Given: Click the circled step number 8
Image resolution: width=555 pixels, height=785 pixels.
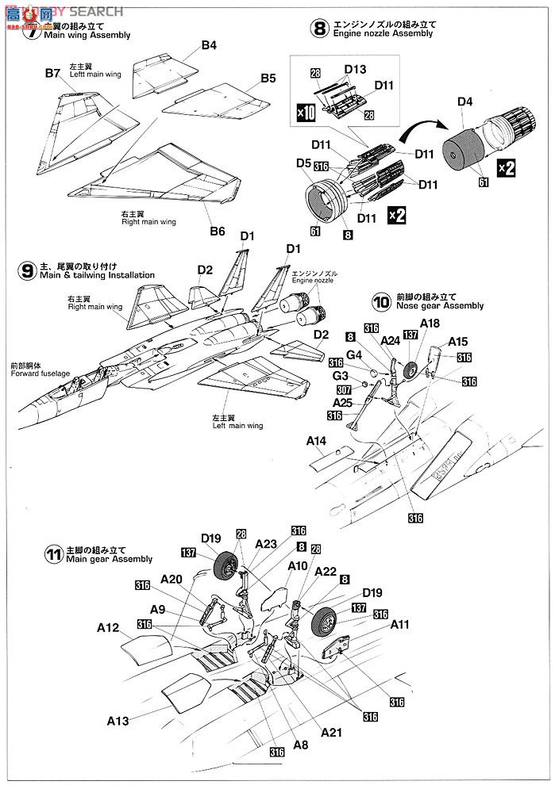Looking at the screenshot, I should pyautogui.click(x=319, y=29).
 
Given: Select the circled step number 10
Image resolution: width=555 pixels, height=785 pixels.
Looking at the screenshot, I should pyautogui.click(x=381, y=301).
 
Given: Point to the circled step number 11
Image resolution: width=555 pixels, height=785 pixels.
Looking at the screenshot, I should pyautogui.click(x=54, y=554).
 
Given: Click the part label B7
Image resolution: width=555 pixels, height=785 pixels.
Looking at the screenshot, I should pyautogui.click(x=52, y=73).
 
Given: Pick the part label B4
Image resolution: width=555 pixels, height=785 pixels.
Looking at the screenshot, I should pyautogui.click(x=208, y=45).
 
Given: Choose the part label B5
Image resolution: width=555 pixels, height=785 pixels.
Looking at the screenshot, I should pyautogui.click(x=268, y=78).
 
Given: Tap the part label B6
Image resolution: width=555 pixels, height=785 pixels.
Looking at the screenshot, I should pyautogui.click(x=217, y=232).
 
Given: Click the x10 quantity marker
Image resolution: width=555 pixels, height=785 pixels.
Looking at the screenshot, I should pyautogui.click(x=306, y=112).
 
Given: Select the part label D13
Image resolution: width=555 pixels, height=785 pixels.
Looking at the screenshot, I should pyautogui.click(x=355, y=71).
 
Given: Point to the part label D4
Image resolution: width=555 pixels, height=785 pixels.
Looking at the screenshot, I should pyautogui.click(x=465, y=101).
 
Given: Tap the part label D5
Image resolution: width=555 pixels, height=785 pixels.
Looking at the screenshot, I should pyautogui.click(x=303, y=163).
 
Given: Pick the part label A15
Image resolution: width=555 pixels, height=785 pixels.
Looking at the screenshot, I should pyautogui.click(x=458, y=342).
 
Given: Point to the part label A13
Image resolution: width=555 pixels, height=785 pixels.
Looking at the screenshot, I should pyautogui.click(x=118, y=721).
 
